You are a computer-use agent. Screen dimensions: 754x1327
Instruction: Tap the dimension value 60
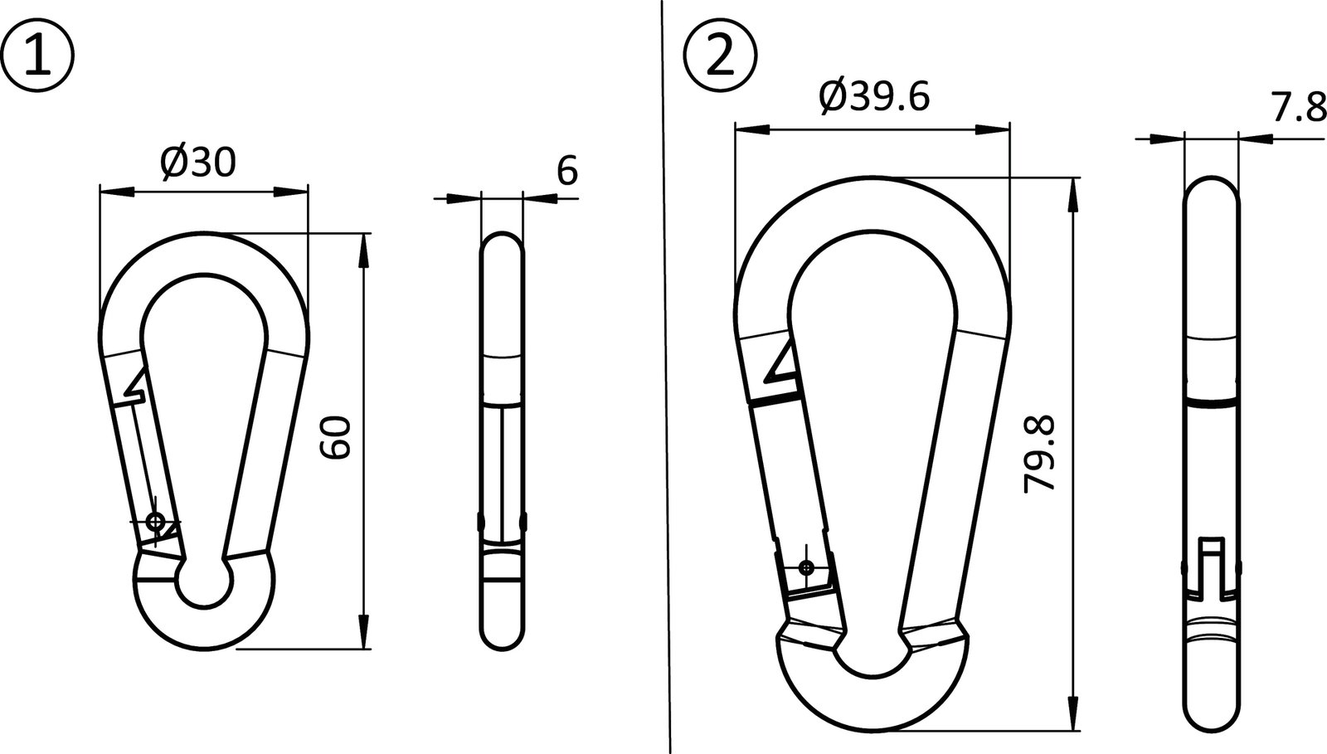point(338,438)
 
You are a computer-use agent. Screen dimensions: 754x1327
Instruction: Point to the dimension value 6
point(567,172)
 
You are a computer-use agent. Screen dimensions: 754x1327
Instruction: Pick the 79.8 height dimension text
point(1039,455)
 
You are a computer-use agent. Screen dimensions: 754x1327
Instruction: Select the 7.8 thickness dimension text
point(1297,108)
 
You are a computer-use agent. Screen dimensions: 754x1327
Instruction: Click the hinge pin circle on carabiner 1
point(154,522)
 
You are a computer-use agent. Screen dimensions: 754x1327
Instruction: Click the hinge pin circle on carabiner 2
point(805,567)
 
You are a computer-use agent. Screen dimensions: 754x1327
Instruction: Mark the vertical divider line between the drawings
point(665,373)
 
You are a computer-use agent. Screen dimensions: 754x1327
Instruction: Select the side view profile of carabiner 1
point(503,440)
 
